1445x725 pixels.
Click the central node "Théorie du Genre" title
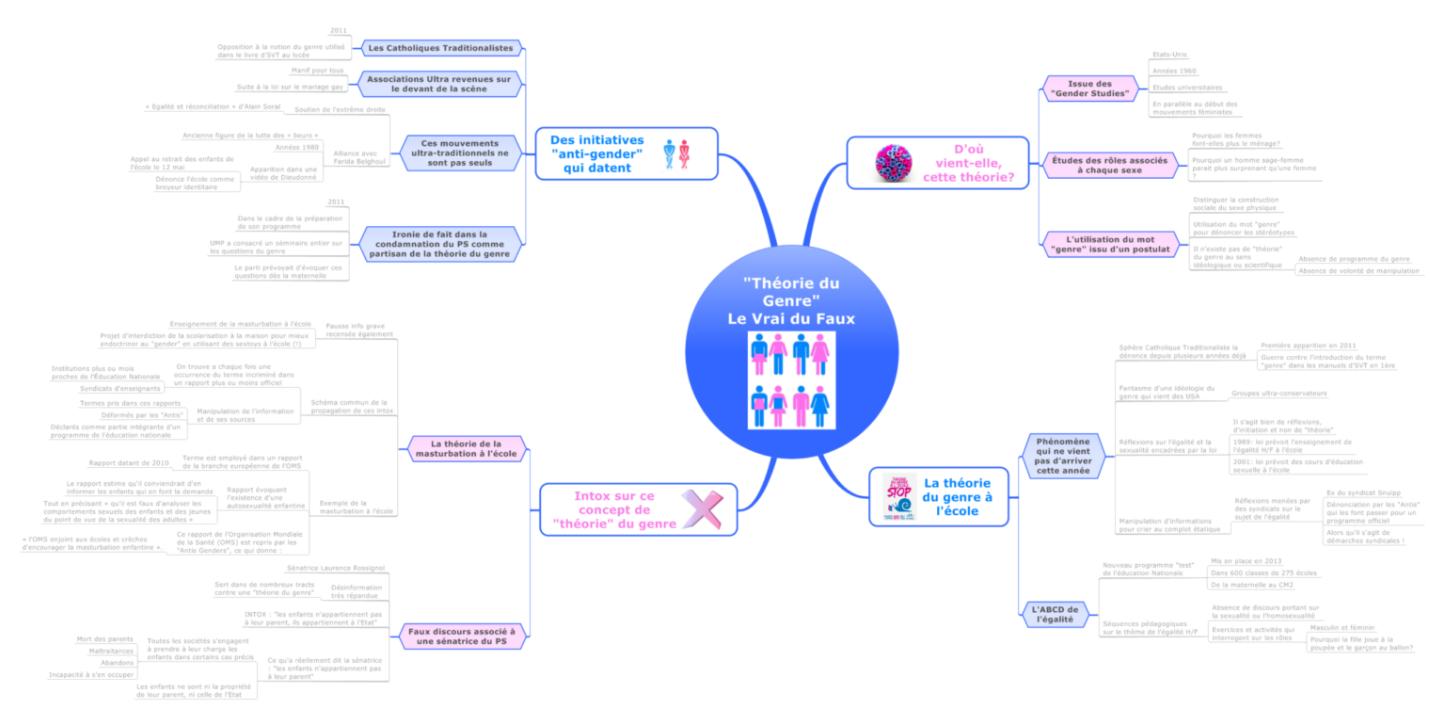[x=790, y=300]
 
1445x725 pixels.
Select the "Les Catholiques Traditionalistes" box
[x=440, y=47]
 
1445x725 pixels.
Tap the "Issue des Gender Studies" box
[x=1089, y=89]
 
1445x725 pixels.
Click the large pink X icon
[x=702, y=509]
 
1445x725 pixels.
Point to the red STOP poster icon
[x=898, y=497]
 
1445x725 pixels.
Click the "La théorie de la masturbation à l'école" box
[x=466, y=448]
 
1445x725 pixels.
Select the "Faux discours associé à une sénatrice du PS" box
[x=461, y=636]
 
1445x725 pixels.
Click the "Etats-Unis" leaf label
[x=1168, y=55]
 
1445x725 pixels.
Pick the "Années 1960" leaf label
[x=1174, y=71]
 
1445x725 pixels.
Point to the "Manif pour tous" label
[x=317, y=71]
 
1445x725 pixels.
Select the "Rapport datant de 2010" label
[x=129, y=463]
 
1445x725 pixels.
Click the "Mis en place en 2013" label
[x=1246, y=560]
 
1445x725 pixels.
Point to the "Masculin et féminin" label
[x=1342, y=627]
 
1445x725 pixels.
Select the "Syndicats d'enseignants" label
[x=119, y=388]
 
